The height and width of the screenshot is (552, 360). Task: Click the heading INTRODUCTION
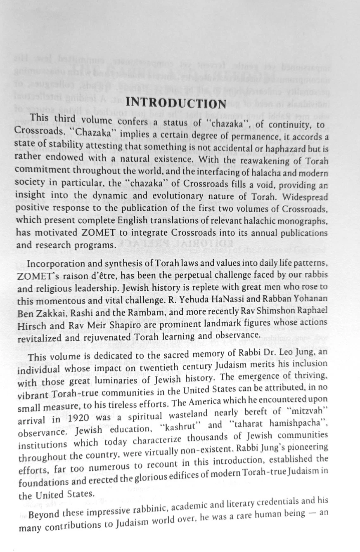point(176,103)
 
